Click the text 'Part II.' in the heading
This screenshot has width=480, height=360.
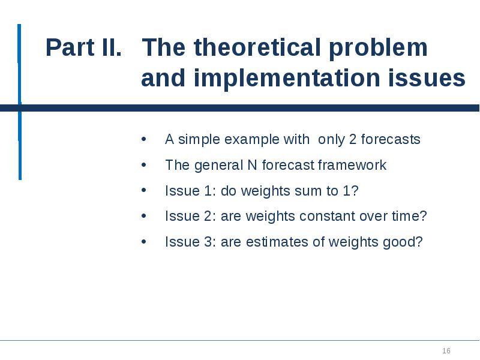pyautogui.click(x=83, y=48)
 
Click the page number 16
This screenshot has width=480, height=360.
pyautogui.click(x=446, y=350)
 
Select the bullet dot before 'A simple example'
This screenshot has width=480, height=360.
pyautogui.click(x=143, y=140)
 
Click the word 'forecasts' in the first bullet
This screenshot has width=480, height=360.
pyautogui.click(x=391, y=140)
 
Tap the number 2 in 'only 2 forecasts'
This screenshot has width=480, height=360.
pyautogui.click(x=353, y=140)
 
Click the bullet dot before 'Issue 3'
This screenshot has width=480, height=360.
pyautogui.click(x=143, y=242)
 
